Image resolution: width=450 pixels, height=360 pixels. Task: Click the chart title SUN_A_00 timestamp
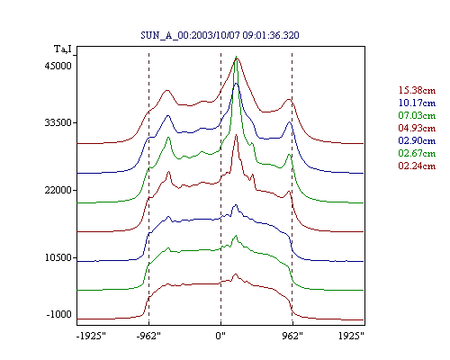click(220, 35)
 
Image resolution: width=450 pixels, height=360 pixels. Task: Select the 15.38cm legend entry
click(417, 90)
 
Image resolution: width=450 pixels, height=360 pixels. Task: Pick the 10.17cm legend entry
click(417, 103)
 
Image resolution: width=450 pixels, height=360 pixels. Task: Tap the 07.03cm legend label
click(417, 115)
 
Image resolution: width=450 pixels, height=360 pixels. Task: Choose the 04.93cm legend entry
click(417, 128)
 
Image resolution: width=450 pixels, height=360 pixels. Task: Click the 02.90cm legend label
click(417, 140)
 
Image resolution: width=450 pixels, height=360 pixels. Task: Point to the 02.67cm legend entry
click(417, 153)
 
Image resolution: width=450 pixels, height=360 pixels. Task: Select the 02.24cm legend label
click(417, 166)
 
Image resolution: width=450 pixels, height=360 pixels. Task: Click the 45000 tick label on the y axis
click(58, 66)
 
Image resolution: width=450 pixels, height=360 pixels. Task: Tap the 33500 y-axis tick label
click(58, 122)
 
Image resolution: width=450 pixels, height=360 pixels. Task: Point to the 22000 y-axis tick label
click(58, 190)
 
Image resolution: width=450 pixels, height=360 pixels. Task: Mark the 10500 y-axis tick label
click(58, 257)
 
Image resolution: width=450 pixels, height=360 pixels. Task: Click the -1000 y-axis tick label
click(59, 314)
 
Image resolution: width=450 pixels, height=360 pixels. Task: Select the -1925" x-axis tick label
click(91, 336)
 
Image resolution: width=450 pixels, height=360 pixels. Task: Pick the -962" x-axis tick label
click(148, 336)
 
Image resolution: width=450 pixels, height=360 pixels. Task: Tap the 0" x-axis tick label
click(220, 336)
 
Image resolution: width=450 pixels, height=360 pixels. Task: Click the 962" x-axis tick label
click(292, 336)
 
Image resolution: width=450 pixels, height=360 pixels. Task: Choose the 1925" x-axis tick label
click(351, 336)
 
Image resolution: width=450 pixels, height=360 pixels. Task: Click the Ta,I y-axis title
click(63, 49)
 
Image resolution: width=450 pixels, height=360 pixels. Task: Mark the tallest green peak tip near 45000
click(236, 57)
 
